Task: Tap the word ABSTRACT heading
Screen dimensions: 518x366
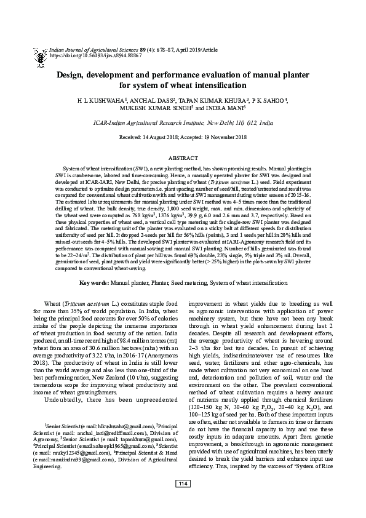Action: point(183,158)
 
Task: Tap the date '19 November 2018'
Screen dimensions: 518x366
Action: point(218,137)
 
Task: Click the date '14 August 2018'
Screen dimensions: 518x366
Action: point(159,137)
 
